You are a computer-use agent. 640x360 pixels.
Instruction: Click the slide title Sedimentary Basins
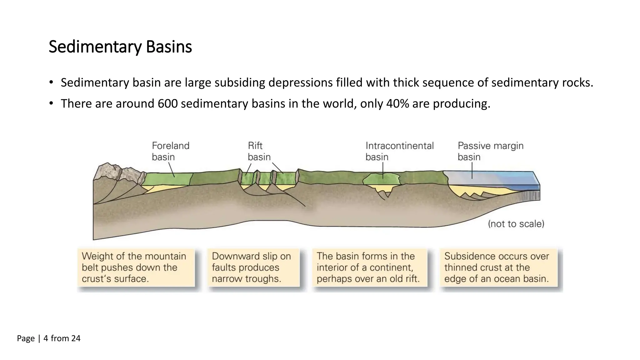pos(120,47)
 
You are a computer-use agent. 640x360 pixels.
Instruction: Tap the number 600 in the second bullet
pos(167,104)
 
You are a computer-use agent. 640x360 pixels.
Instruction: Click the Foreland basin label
pos(170,151)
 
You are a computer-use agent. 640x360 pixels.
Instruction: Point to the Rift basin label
pos(259,151)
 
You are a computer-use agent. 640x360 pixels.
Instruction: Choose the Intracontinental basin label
pos(399,151)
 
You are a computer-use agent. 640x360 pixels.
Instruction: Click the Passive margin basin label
pos(490,151)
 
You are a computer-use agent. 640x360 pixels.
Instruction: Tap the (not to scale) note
pos(516,224)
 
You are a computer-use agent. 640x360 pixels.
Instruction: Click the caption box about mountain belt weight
pos(136,267)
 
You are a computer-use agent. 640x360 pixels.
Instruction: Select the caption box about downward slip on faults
pos(253,267)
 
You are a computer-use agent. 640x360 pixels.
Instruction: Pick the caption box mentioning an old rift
pos(369,267)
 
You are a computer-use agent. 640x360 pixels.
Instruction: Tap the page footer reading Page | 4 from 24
pos(49,338)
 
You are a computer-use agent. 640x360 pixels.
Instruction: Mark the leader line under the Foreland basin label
pos(172,170)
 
